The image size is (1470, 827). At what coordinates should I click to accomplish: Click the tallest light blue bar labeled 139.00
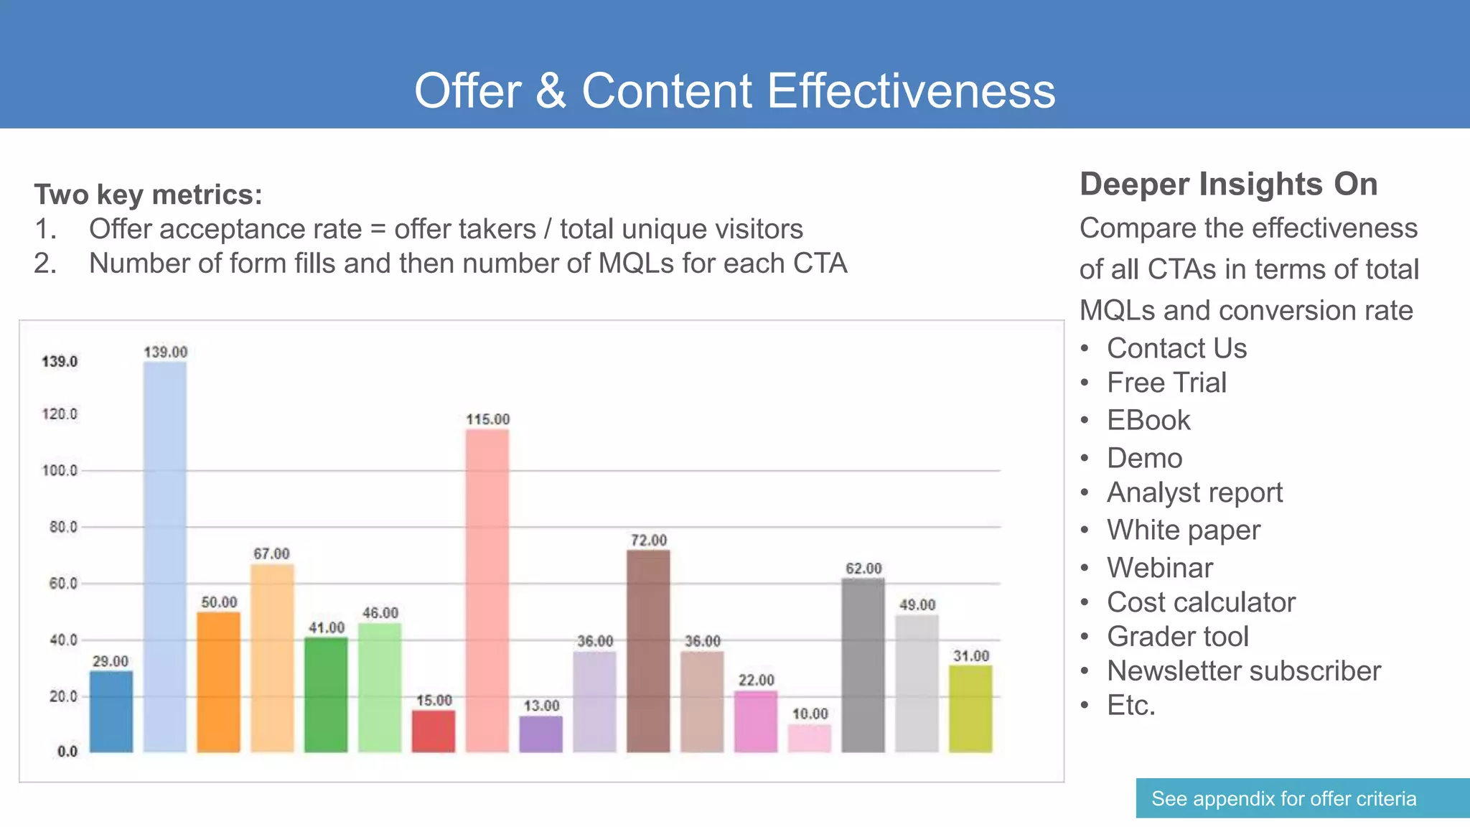[x=165, y=556]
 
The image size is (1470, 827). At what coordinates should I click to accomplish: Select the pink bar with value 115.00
[x=487, y=590]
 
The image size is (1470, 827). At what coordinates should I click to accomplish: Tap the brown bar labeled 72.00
[x=648, y=650]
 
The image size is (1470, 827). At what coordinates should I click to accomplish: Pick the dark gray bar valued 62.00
[x=863, y=665]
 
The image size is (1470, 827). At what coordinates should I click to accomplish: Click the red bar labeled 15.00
[x=434, y=731]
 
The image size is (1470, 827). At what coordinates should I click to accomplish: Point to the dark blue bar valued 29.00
[x=111, y=711]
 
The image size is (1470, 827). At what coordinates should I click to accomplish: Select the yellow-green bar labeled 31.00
[x=970, y=709]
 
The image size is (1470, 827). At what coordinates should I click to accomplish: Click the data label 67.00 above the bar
[x=271, y=553]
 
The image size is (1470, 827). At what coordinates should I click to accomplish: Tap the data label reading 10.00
[x=810, y=714]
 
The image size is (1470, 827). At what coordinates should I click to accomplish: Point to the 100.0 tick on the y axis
[x=60, y=470]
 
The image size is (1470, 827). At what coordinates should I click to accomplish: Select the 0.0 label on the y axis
[x=67, y=752]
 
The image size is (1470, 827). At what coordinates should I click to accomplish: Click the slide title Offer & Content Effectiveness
[x=734, y=91]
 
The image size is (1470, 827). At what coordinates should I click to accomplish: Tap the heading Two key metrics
[x=148, y=195]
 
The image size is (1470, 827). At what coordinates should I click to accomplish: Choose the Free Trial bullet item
[x=1166, y=383]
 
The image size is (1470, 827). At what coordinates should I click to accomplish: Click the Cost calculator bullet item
[x=1201, y=602]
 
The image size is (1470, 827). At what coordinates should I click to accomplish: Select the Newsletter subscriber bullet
[x=1243, y=671]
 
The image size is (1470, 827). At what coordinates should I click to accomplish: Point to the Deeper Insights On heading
[x=1228, y=184]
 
